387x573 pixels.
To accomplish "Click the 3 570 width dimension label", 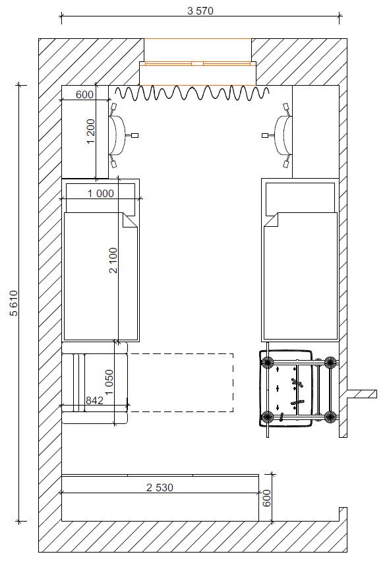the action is tap(200, 11).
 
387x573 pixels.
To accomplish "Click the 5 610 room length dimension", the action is tap(14, 303).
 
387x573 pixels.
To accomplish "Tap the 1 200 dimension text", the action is tap(91, 132).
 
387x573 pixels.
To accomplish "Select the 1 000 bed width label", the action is tap(100, 193).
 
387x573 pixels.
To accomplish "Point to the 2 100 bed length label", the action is tap(113, 260).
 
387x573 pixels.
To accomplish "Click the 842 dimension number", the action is tap(94, 400).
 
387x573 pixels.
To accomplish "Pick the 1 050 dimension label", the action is tap(109, 382).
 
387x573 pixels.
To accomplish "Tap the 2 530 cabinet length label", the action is tap(160, 487).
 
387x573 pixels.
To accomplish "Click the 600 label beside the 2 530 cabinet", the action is tap(267, 498).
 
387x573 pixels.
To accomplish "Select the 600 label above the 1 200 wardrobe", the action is tap(84, 95).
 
